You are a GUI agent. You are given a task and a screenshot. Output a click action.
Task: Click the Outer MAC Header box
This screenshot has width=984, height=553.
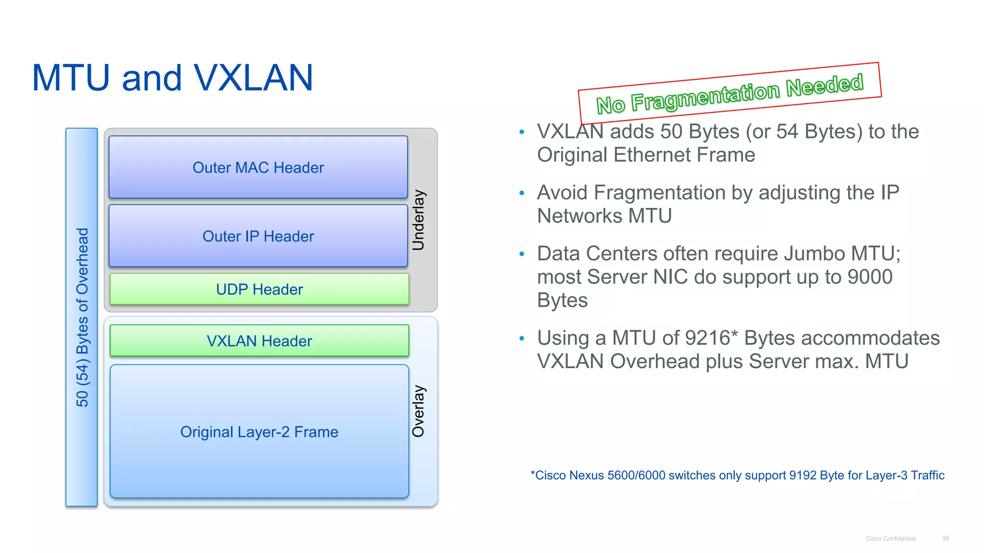pyautogui.click(x=258, y=167)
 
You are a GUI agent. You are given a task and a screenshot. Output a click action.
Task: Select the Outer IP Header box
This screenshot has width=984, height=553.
pyautogui.click(x=258, y=236)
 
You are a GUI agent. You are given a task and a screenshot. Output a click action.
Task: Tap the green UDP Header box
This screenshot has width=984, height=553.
pyautogui.click(x=259, y=289)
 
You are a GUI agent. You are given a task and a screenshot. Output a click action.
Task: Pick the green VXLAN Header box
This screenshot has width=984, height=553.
pyautogui.click(x=259, y=340)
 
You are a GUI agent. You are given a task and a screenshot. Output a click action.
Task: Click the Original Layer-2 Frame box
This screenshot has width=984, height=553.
pyautogui.click(x=259, y=432)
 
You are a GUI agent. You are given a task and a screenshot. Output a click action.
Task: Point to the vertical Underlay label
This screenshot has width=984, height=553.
pyautogui.click(x=418, y=220)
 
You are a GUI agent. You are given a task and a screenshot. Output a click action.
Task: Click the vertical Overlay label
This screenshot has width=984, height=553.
pyautogui.click(x=418, y=411)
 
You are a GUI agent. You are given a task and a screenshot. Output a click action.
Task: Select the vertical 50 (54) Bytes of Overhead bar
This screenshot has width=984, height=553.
pyautogui.click(x=82, y=317)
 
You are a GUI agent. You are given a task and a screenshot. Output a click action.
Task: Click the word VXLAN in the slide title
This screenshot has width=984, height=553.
pyautogui.click(x=253, y=78)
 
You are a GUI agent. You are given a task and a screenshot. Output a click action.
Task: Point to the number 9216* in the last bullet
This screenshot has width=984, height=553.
pyautogui.click(x=711, y=338)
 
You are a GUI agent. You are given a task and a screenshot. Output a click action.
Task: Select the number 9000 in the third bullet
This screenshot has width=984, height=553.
pyautogui.click(x=870, y=277)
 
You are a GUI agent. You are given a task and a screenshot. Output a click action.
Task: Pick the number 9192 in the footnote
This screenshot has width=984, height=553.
pyautogui.click(x=802, y=475)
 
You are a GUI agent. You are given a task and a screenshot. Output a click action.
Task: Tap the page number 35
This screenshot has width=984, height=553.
pyautogui.click(x=945, y=539)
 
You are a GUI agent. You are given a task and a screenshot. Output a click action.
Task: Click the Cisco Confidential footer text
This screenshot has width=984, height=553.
pyautogui.click(x=890, y=539)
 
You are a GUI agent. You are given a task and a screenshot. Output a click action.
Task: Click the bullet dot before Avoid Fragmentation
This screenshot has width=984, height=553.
pyautogui.click(x=522, y=193)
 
